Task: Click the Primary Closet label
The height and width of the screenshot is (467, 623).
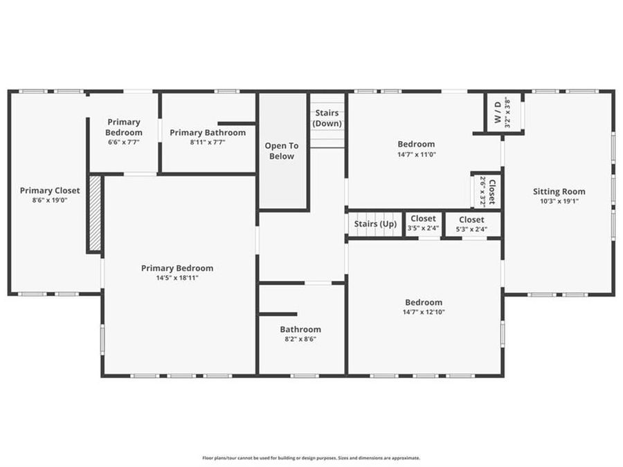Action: click(x=50, y=190)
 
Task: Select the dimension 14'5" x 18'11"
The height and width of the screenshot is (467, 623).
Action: click(x=177, y=277)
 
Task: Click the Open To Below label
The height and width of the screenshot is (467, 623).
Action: click(x=282, y=151)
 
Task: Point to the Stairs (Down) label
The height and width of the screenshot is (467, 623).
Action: click(x=327, y=118)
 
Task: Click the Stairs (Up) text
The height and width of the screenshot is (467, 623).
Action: click(x=375, y=224)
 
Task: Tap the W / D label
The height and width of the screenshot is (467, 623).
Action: click(x=497, y=112)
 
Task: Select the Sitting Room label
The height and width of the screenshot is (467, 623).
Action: click(x=559, y=192)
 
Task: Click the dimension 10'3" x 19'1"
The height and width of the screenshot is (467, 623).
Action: click(x=559, y=201)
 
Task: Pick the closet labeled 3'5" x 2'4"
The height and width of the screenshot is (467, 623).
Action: click(x=422, y=223)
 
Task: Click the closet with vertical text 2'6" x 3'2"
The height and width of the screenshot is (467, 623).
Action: click(x=487, y=190)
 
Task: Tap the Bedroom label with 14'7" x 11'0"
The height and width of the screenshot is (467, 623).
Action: click(x=416, y=145)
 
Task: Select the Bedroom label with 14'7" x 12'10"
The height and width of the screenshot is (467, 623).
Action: click(x=423, y=302)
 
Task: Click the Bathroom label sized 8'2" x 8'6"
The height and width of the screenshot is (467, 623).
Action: click(x=300, y=329)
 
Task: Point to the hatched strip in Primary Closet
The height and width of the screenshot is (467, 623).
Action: click(x=96, y=214)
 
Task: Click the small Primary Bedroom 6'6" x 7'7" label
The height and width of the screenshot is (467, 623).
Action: click(x=124, y=127)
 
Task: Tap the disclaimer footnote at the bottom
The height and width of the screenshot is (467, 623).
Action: click(x=311, y=457)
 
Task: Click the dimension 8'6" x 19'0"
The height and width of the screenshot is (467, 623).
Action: click(x=50, y=200)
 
